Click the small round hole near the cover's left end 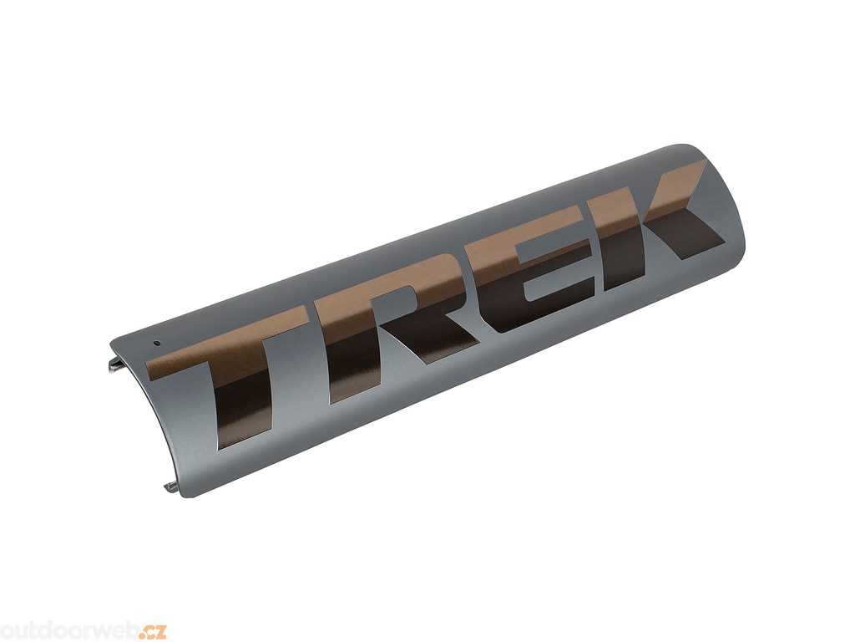coord(156,344)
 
